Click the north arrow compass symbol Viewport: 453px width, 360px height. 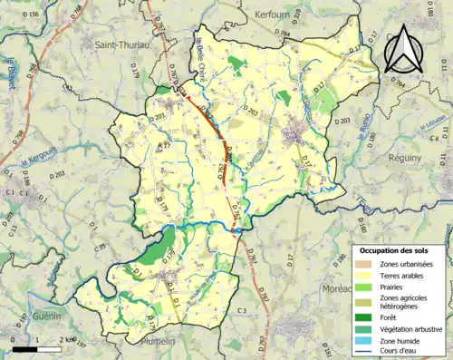406,49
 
